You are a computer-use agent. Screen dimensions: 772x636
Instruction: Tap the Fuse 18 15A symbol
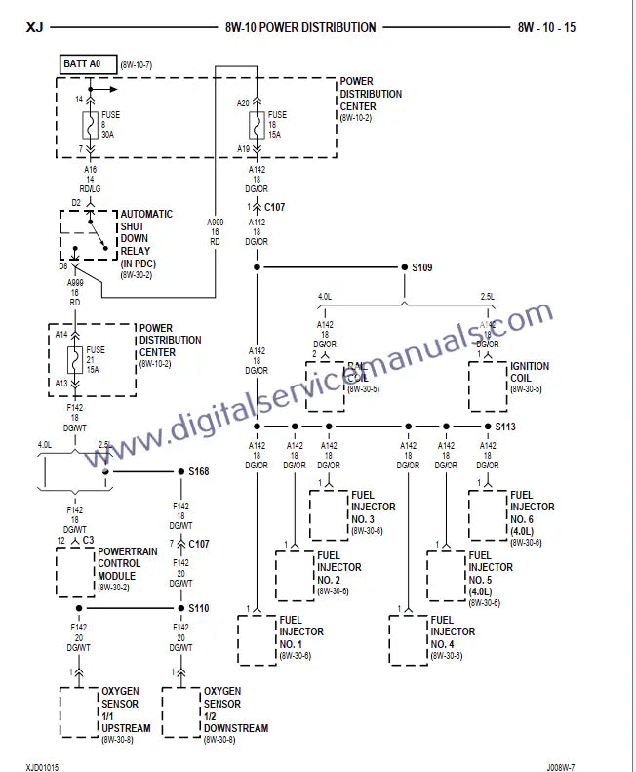point(255,126)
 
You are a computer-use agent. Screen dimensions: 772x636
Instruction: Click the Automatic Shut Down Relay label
point(146,239)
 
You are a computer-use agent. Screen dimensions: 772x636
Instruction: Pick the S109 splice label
point(420,265)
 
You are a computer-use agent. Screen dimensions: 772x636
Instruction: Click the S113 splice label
point(504,427)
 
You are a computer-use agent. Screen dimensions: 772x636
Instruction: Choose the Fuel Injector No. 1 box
point(257,639)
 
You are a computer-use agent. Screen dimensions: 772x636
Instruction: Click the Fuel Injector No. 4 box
point(408,639)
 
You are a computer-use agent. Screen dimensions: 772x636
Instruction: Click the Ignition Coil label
point(530,372)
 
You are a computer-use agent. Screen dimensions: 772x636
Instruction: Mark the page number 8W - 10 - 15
point(546,27)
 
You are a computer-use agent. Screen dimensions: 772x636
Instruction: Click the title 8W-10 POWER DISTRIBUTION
point(299,27)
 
